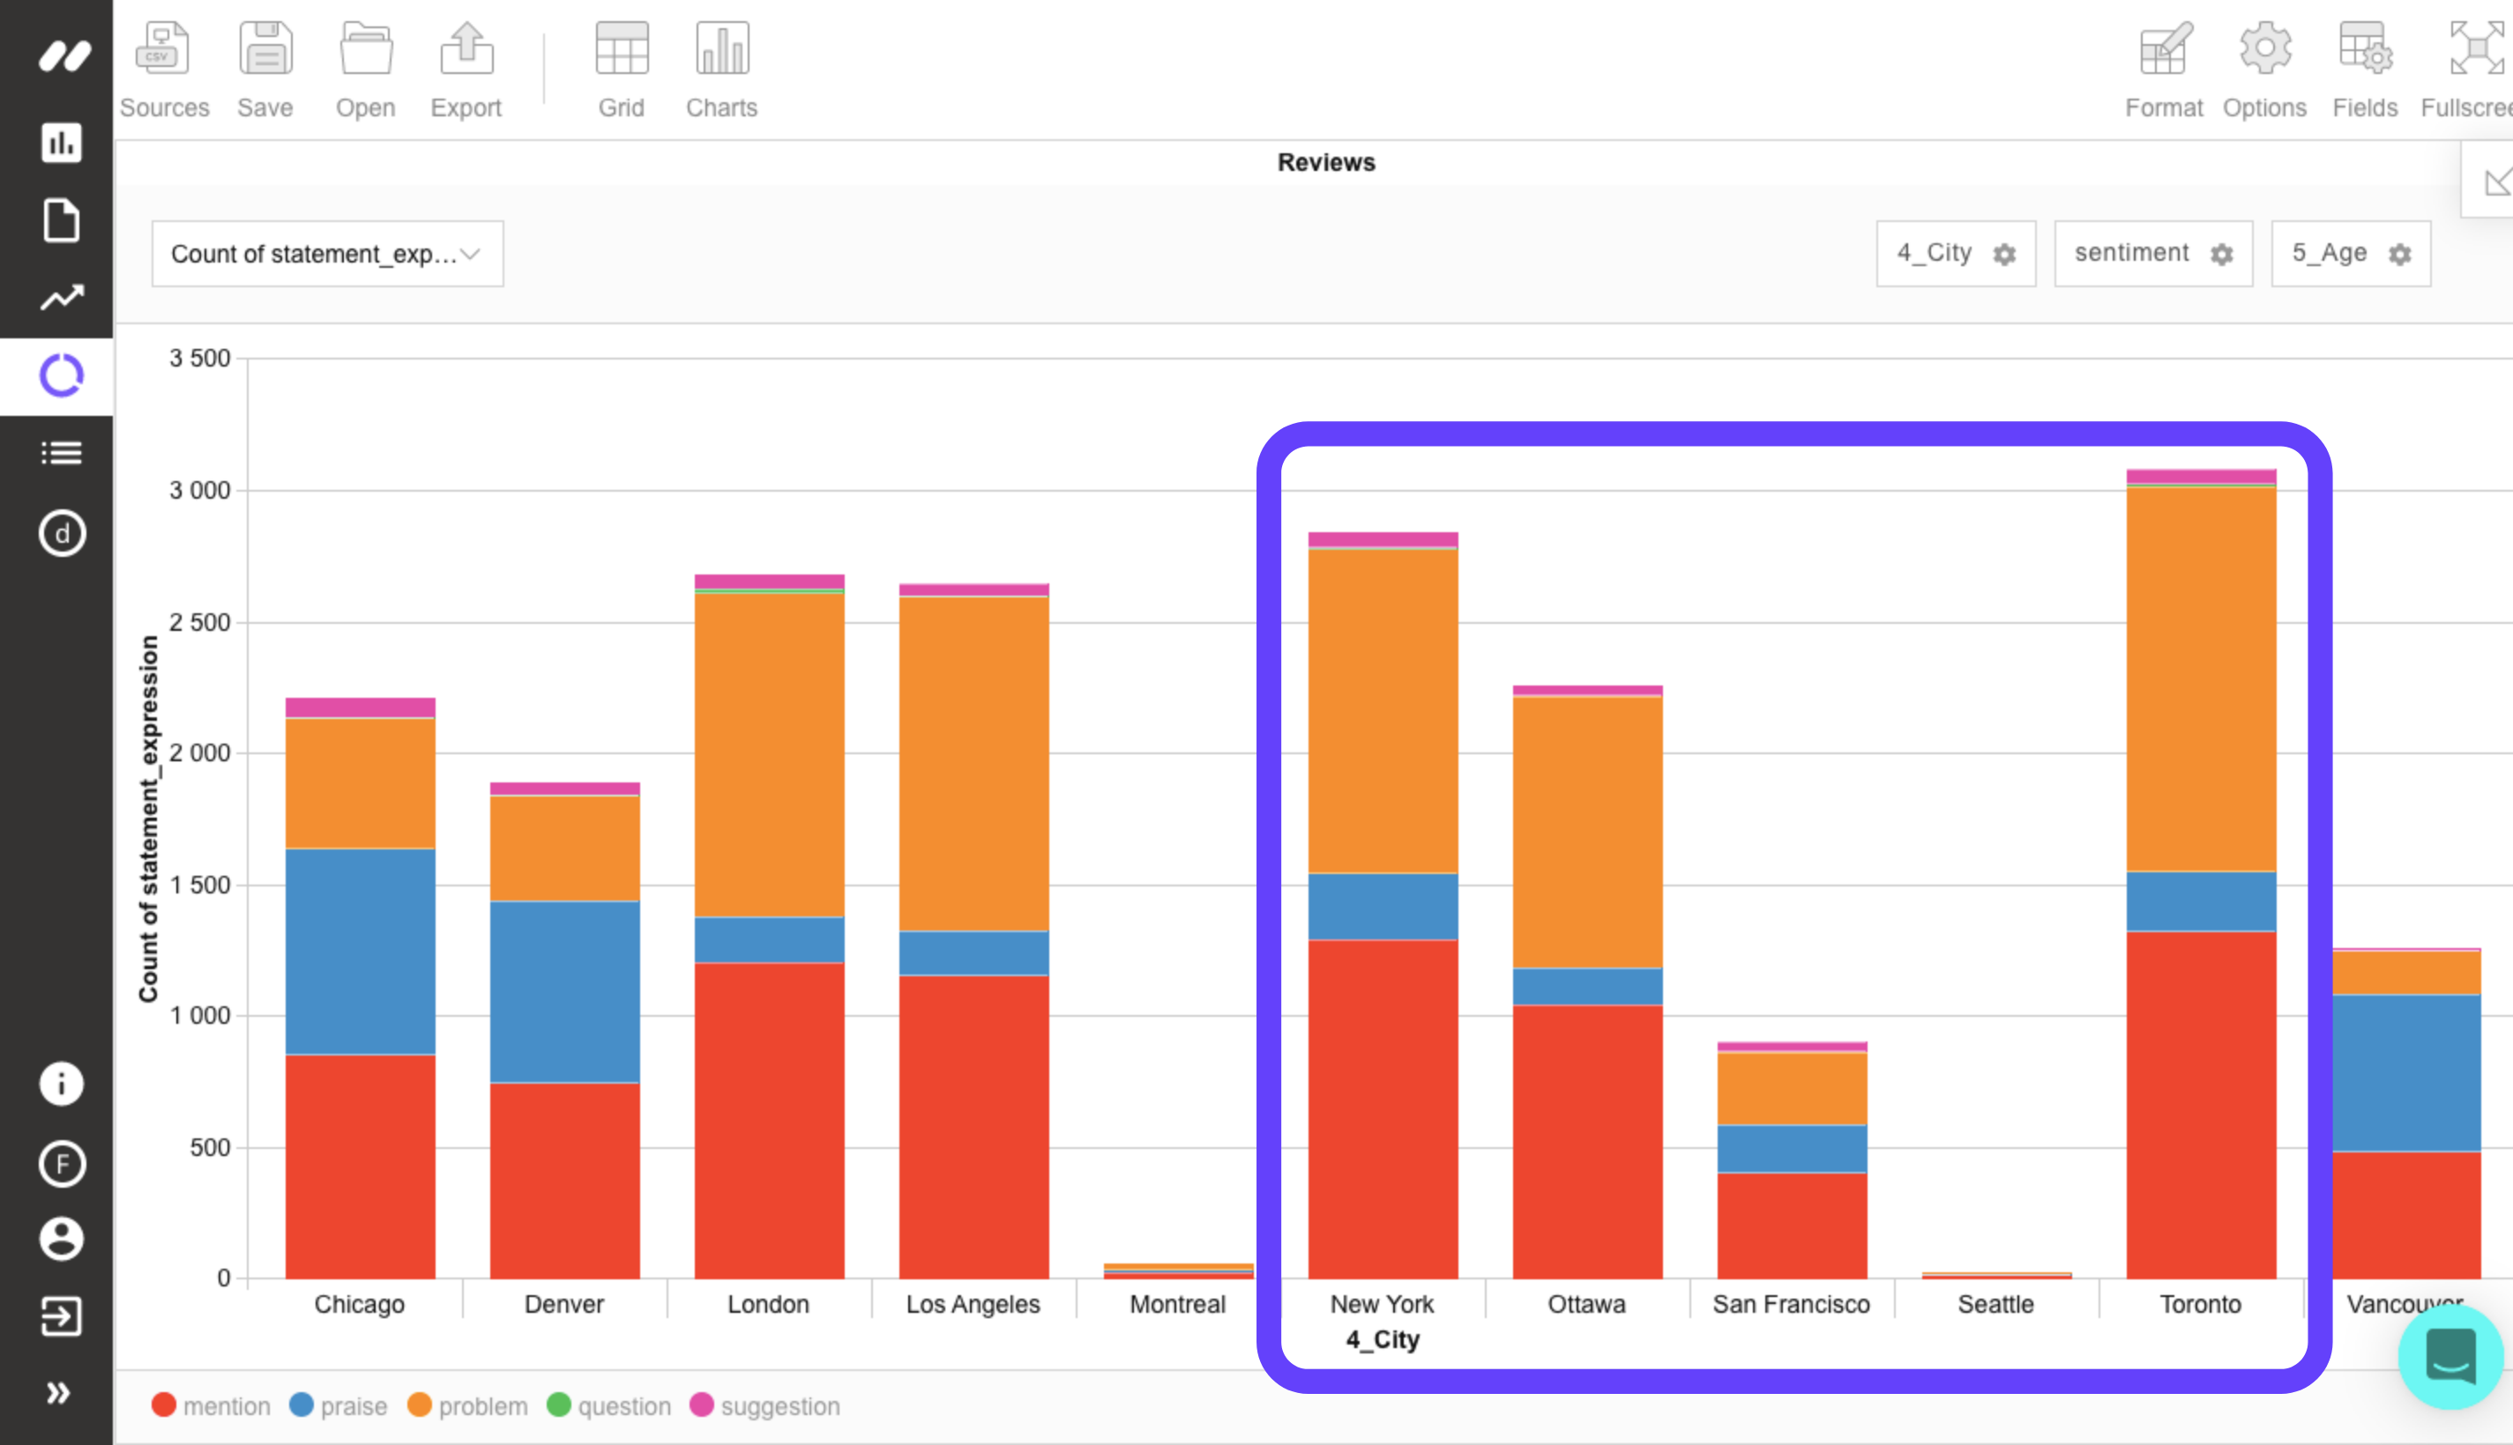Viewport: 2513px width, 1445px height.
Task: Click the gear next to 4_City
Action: [2004, 255]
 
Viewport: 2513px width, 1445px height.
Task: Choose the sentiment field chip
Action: [2132, 253]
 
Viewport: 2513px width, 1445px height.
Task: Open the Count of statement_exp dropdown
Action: [326, 254]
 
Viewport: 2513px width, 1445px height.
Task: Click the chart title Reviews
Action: [1325, 163]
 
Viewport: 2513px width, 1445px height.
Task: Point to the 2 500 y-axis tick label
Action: [199, 622]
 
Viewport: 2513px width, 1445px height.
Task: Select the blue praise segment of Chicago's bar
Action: [360, 951]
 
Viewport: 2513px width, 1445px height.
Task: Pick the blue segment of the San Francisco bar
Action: [1791, 1148]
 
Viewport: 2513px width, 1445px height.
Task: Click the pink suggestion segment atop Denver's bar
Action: [564, 789]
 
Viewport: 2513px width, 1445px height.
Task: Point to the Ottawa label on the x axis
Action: [1585, 1304]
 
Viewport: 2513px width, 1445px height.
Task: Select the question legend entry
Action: [608, 1406]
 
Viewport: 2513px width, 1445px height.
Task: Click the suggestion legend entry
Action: [764, 1406]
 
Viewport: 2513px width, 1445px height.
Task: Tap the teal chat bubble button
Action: [2450, 1357]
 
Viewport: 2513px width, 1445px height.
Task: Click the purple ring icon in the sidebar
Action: [62, 375]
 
